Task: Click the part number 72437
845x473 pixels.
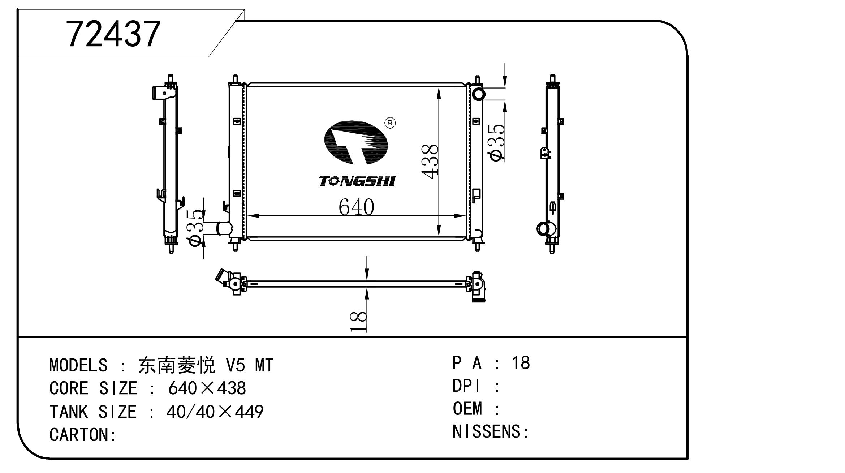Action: point(113,34)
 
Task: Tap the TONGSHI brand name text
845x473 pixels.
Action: point(357,181)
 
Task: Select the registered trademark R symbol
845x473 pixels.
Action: point(390,123)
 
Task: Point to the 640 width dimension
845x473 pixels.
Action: point(356,207)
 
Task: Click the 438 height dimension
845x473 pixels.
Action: point(430,162)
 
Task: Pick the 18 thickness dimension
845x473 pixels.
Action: point(358,322)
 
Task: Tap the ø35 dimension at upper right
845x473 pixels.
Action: point(496,143)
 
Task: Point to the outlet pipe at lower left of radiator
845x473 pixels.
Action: point(224,228)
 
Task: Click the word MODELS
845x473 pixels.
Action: point(78,365)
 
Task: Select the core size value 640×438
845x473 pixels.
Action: point(207,388)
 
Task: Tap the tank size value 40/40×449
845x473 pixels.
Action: point(215,412)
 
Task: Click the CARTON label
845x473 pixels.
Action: point(82,435)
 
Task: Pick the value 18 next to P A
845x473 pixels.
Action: point(521,363)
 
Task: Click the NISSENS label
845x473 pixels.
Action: point(490,431)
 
